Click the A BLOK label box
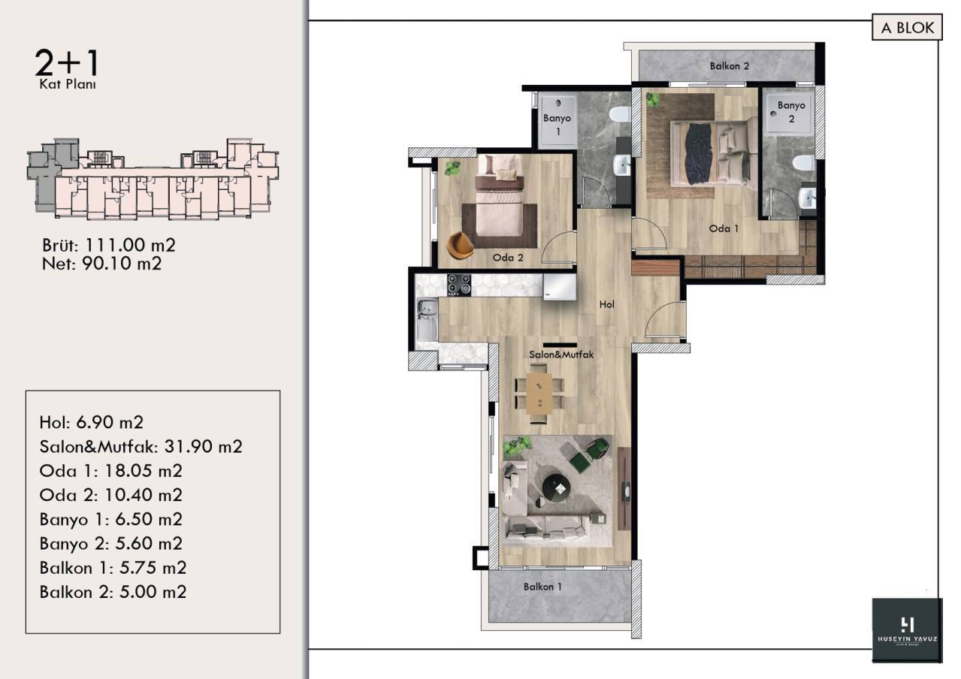tap(907, 28)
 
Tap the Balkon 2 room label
tap(730, 66)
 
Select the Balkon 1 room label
tap(542, 587)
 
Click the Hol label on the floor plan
tap(606, 304)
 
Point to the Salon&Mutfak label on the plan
tap(561, 355)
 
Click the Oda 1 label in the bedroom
tap(724, 228)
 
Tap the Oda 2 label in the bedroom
tap(507, 258)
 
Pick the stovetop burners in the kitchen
tap(459, 285)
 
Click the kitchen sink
tap(428, 318)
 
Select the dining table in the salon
tap(539, 394)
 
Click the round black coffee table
tap(556, 487)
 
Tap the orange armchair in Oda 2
tap(460, 245)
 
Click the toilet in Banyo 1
tap(619, 115)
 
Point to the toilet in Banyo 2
tap(803, 164)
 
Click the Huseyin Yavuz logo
tap(907, 629)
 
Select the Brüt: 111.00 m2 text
tap(109, 246)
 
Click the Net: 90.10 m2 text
tap(101, 264)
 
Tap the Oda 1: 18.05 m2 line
tap(110, 471)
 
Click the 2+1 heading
tap(67, 62)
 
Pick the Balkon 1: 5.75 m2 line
tap(113, 568)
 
